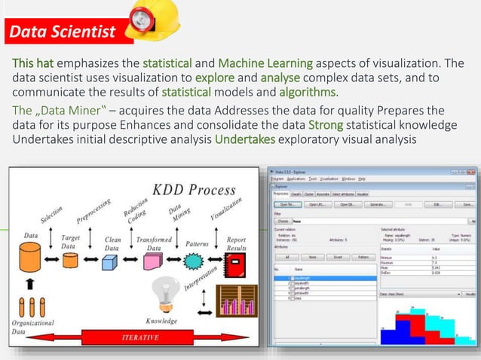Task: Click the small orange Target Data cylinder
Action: click(70, 261)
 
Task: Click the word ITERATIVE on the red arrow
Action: click(140, 337)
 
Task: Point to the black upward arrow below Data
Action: click(31, 286)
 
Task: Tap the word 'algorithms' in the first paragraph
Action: click(308, 93)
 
